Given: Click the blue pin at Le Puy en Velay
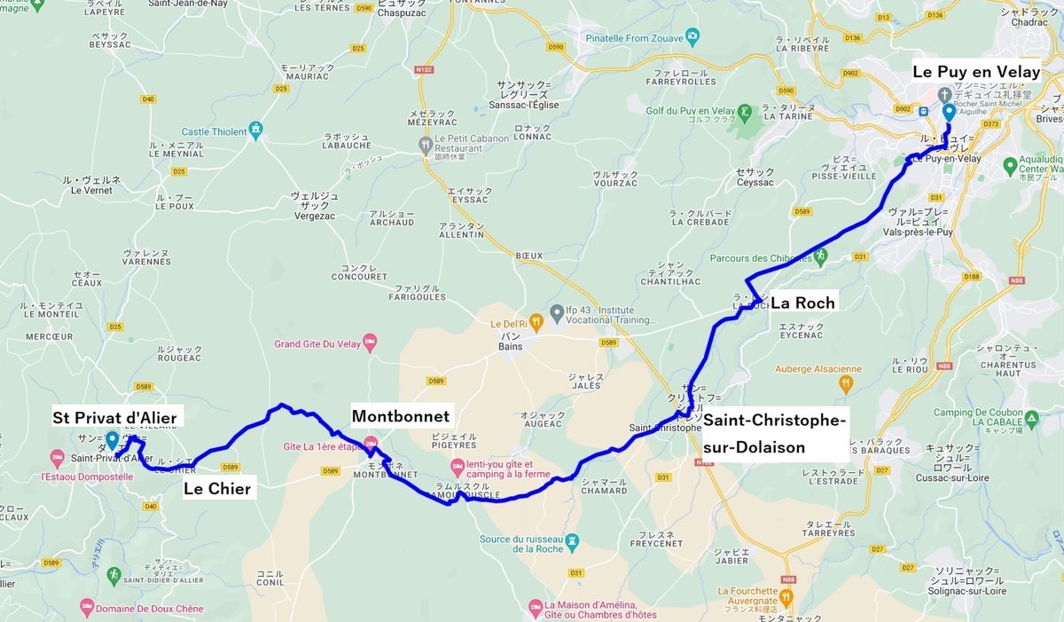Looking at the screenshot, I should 949,113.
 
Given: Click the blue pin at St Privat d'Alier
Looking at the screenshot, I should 112,439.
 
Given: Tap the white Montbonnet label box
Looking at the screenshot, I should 401,416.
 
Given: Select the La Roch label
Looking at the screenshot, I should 802,303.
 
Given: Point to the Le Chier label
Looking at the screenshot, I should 217,488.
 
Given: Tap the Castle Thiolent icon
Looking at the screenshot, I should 256,131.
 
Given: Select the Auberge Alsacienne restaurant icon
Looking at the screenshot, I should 846,383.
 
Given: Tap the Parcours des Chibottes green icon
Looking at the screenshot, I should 820,256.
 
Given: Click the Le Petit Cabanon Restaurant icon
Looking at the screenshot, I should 426,143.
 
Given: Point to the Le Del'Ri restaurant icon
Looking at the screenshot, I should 535,320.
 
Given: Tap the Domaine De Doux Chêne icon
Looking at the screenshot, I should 86,608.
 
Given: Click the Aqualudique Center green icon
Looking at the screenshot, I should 1010,165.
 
